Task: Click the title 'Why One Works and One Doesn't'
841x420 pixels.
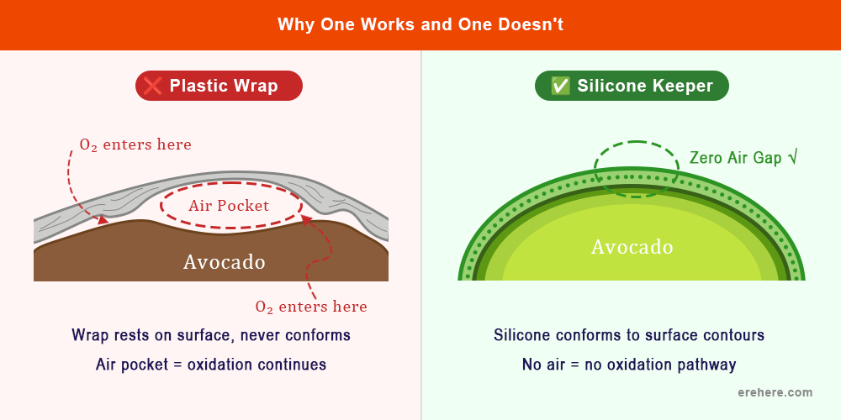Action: point(420,24)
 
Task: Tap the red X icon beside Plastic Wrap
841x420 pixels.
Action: point(152,86)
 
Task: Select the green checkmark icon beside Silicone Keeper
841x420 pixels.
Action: point(560,86)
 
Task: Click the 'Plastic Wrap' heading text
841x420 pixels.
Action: point(224,86)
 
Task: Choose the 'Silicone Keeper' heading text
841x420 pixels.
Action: point(645,86)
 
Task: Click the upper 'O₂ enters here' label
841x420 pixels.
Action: point(135,144)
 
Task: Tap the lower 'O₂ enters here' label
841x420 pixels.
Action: point(311,307)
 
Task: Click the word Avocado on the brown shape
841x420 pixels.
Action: point(225,262)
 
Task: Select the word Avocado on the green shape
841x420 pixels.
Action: point(632,247)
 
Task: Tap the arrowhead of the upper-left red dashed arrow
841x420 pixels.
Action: point(104,221)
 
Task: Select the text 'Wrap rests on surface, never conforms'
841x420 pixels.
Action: point(211,335)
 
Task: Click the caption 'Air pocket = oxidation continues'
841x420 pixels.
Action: point(211,365)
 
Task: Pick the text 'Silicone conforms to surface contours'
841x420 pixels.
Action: point(629,335)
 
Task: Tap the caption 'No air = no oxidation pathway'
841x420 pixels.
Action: point(629,365)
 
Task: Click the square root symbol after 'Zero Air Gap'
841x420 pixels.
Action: point(790,157)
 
